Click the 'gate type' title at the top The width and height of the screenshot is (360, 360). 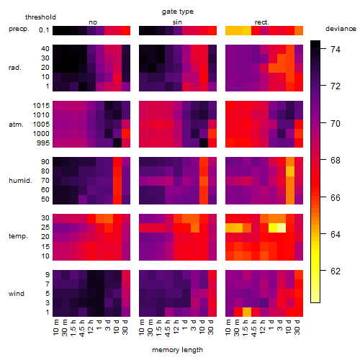(178, 12)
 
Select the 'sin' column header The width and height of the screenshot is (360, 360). (177, 22)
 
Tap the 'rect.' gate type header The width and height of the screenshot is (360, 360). (262, 22)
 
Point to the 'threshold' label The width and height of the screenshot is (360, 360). (40, 17)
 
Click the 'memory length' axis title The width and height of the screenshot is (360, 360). (177, 350)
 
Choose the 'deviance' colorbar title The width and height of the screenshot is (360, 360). (341, 29)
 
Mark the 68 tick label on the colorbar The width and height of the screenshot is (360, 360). (336, 161)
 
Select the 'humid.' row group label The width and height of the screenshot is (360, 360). (20, 181)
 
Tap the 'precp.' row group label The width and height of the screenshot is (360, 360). (19, 29)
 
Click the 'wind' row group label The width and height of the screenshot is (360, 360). (17, 294)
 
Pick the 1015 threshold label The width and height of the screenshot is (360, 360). (41, 106)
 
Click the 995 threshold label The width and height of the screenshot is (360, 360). (43, 143)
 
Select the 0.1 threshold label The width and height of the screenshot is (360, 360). (44, 30)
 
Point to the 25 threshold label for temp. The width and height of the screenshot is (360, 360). (45, 228)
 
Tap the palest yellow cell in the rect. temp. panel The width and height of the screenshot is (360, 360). (282, 228)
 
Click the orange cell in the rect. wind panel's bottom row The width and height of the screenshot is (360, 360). (247, 312)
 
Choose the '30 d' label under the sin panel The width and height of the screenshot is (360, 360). (210, 327)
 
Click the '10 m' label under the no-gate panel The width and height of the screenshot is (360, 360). (55, 327)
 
